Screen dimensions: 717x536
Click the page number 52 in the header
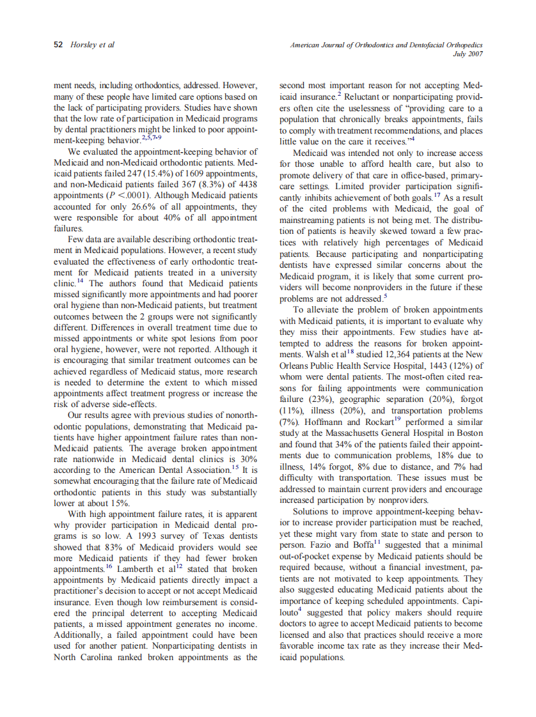click(x=58, y=45)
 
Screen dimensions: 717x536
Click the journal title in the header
click(x=386, y=45)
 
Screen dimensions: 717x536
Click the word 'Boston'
click(x=469, y=433)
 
